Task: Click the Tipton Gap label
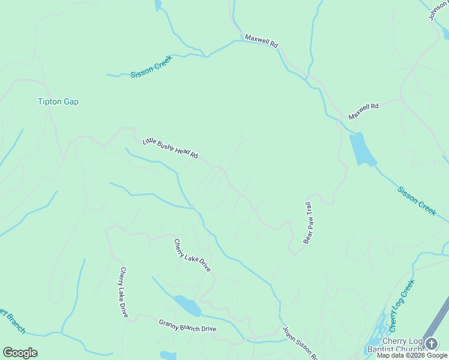tap(58, 102)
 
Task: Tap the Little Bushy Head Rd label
tap(170, 148)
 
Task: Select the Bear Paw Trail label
tap(309, 223)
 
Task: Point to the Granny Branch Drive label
tap(187, 326)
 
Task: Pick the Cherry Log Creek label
tap(402, 306)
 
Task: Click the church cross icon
tap(432, 343)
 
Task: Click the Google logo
tap(20, 353)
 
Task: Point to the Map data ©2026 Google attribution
tap(412, 355)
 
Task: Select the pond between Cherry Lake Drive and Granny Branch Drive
tap(188, 306)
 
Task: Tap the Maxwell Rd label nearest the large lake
tap(364, 110)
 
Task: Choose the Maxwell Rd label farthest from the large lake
tap(262, 41)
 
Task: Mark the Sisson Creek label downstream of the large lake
tap(417, 200)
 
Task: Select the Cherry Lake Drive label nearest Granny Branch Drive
tap(124, 292)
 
